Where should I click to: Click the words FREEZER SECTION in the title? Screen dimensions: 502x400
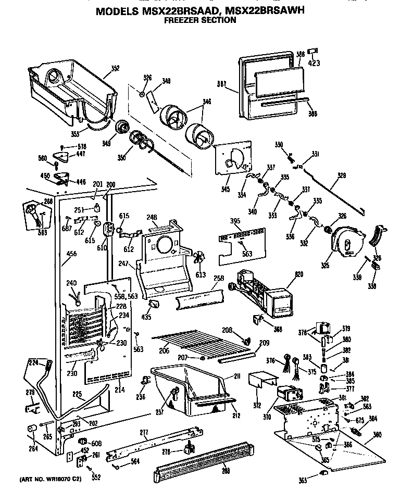[200, 21]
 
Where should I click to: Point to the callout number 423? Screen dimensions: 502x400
[314, 64]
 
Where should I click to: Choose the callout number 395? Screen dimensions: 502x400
[235, 221]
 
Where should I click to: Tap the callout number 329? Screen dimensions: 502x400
[342, 175]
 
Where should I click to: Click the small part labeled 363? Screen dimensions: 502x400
[323, 473]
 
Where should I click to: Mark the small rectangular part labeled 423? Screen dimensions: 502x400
[313, 52]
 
